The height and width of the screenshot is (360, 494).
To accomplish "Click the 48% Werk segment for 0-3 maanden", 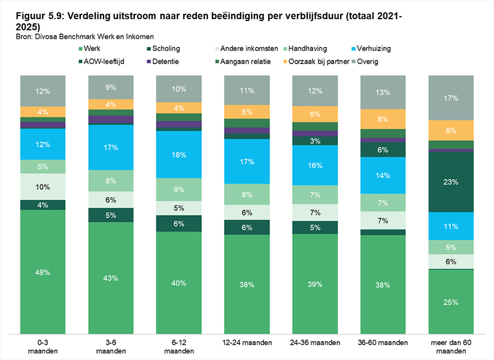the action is [43, 272].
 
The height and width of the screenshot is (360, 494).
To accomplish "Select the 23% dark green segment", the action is [451, 182].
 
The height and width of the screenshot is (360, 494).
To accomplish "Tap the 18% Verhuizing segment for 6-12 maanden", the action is [179, 155].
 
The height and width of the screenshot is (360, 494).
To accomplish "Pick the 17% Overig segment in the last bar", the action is [451, 98].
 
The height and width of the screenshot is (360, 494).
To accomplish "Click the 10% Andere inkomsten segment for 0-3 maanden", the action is [43, 187].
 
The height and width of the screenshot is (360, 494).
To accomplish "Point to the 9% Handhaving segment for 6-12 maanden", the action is [179, 189].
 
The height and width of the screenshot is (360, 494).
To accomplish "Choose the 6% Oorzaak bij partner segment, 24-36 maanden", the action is [315, 114].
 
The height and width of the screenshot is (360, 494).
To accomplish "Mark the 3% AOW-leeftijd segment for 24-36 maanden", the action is [315, 141].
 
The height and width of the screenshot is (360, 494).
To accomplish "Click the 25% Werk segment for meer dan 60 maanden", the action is [451, 302].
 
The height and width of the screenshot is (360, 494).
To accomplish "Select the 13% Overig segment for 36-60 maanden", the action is [383, 92].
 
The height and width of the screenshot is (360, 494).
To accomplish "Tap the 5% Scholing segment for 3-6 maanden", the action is [111, 215].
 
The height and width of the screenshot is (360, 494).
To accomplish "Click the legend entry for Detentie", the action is [163, 62].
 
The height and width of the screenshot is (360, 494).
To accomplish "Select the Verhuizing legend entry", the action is [371, 49].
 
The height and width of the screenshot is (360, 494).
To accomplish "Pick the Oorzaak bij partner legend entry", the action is [316, 62].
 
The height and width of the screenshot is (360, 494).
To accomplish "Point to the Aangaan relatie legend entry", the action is [243, 62].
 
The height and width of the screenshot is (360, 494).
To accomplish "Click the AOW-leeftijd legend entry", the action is [101, 62].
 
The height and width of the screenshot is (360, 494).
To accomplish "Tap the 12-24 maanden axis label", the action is [247, 343].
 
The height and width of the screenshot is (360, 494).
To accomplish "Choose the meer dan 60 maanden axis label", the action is [451, 347].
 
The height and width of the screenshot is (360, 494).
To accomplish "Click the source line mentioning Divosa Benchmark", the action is [85, 37].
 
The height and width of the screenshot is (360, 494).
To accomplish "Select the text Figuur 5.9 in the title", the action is [40, 16].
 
